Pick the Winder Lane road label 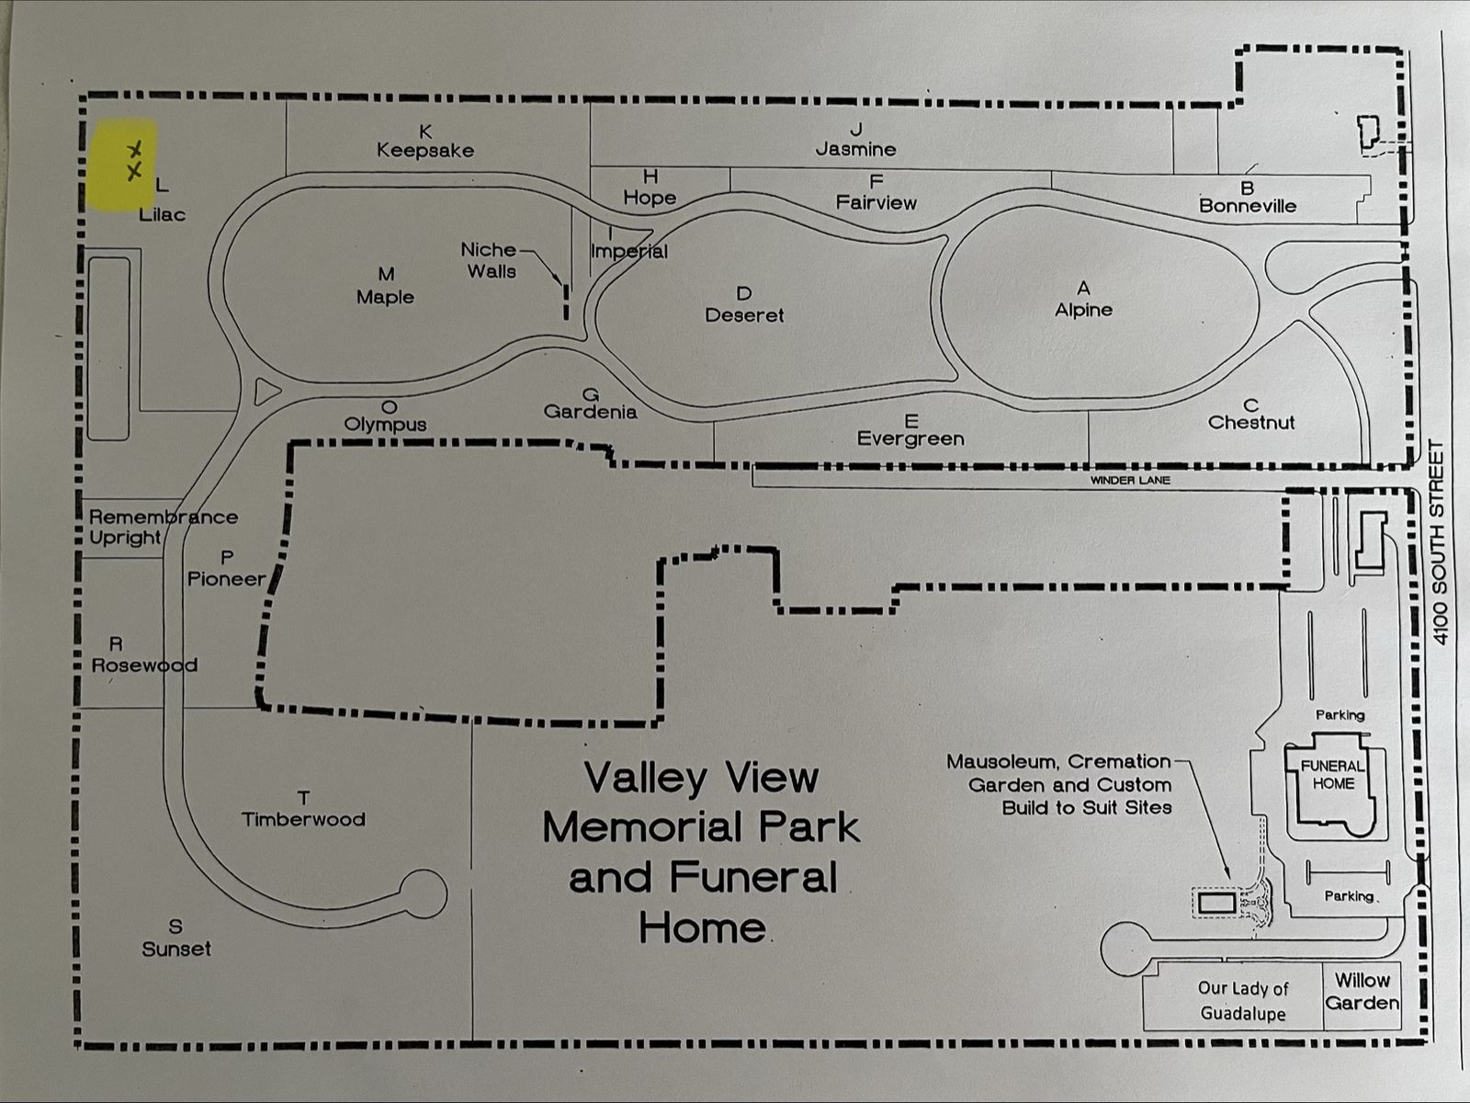pos(1130,480)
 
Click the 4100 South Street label pos(1439,542)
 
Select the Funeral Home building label pos(1333,775)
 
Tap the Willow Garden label pos(1363,992)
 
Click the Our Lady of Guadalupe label pos(1243,1001)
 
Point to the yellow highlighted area pos(122,165)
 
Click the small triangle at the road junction pos(266,392)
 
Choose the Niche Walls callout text pos(491,260)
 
